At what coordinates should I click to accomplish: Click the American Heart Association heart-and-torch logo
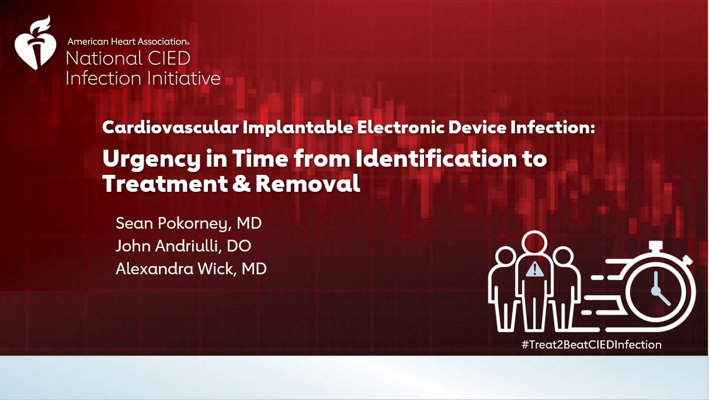35,44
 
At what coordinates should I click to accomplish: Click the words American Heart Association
128,42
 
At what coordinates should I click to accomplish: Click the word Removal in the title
308,184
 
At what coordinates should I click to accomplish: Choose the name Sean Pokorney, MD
188,223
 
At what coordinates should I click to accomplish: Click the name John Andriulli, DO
183,246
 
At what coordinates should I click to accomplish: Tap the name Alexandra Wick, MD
191,269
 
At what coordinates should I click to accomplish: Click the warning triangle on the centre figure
534,269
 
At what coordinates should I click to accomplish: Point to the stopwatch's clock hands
659,289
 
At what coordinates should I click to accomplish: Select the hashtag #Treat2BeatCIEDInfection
591,344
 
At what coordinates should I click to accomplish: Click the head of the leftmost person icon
506,255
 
